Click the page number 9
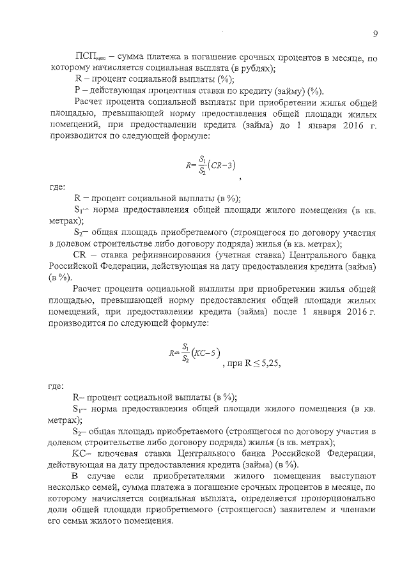tap(375, 34)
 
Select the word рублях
tap(253, 68)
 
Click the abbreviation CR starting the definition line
tap(81, 254)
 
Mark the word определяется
tap(258, 499)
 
